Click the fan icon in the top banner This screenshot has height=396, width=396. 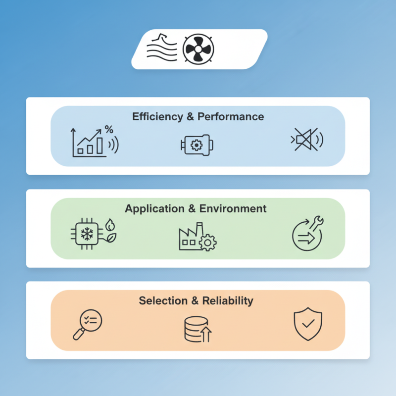(x=198, y=49)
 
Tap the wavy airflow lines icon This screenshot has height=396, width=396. (x=162, y=48)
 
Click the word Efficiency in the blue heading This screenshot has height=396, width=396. (x=157, y=117)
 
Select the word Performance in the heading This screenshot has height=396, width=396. (x=231, y=117)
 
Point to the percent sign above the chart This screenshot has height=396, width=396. (x=109, y=130)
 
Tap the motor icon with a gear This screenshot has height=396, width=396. (x=197, y=145)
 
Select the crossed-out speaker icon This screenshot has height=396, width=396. (x=306, y=140)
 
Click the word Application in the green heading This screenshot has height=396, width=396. (x=154, y=209)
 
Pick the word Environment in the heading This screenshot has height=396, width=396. (x=233, y=208)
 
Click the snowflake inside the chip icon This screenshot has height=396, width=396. (x=87, y=234)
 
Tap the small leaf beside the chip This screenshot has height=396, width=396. (x=111, y=238)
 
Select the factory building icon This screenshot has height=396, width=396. (x=198, y=237)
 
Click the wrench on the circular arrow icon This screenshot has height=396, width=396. (x=316, y=223)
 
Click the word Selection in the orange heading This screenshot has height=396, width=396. (x=163, y=301)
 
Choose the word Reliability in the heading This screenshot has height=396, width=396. (x=228, y=301)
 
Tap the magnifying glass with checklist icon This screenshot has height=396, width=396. (x=88, y=325)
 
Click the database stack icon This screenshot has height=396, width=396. (x=198, y=329)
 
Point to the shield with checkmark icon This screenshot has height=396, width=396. (x=308, y=324)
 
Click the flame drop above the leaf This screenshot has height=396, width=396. (x=110, y=225)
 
